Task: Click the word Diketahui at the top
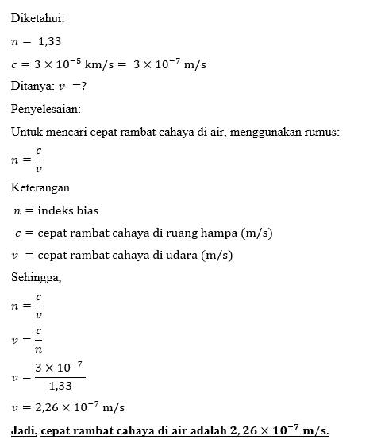point(37,18)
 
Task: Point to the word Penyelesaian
point(45,108)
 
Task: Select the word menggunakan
point(260,131)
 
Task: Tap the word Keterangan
point(40,188)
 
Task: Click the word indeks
point(56,210)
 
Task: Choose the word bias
point(87,210)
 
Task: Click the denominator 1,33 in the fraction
point(60,387)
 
